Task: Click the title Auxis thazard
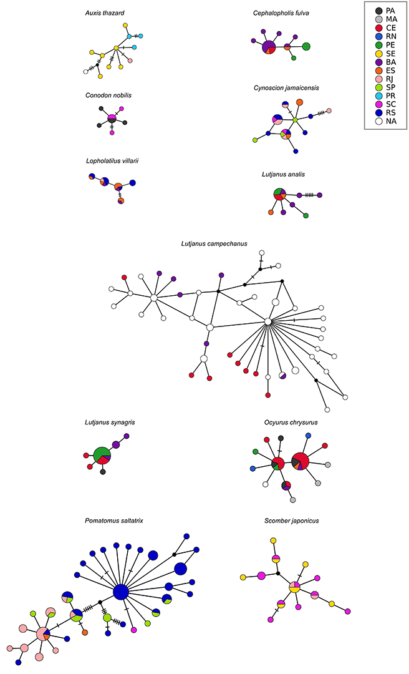click(x=108, y=13)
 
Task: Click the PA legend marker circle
click(x=378, y=11)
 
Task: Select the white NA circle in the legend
click(x=378, y=121)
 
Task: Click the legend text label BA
click(x=391, y=62)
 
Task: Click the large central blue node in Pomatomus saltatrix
click(x=121, y=592)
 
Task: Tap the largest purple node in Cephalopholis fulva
click(x=269, y=47)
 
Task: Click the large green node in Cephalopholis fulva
click(x=306, y=46)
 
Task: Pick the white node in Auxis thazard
click(x=85, y=72)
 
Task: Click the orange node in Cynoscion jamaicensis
click(x=299, y=102)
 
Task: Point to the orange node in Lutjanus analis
click(x=271, y=212)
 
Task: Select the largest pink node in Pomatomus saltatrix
click(x=42, y=634)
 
